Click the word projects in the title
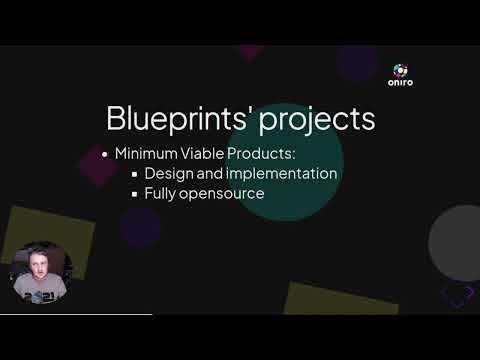pyautogui.click(x=318, y=119)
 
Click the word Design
pyautogui.click(x=169, y=174)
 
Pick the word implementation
pyautogui.click(x=281, y=174)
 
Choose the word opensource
pyautogui.click(x=226, y=194)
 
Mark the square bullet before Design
pyautogui.click(x=134, y=175)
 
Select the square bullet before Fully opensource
pyautogui.click(x=134, y=194)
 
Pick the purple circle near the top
pyautogui.click(x=356, y=62)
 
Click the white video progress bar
pyautogui.click(x=75, y=314)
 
